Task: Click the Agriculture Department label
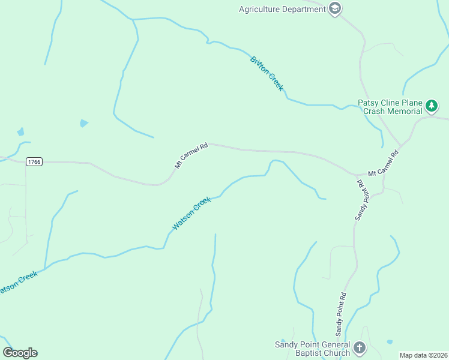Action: (x=282, y=9)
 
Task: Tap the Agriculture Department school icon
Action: (x=335, y=9)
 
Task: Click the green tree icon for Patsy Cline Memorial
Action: (x=431, y=107)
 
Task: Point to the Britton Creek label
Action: (x=267, y=73)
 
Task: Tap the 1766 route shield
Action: (x=34, y=162)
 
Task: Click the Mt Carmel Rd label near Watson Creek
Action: (x=191, y=155)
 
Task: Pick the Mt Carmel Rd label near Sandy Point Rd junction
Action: (x=383, y=163)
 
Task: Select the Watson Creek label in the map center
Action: (x=191, y=213)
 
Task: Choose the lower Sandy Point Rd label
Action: (x=341, y=314)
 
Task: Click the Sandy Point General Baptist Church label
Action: (x=312, y=349)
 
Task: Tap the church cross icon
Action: (x=359, y=347)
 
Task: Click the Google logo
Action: (x=20, y=353)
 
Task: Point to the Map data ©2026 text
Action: (x=423, y=355)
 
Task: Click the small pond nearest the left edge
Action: (x=21, y=131)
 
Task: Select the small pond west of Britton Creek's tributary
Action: (x=83, y=123)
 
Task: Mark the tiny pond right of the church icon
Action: (x=389, y=342)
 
